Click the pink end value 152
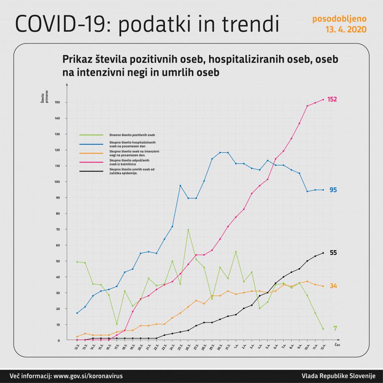tap(332, 100)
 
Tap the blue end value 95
tap(333, 190)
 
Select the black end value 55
tap(333, 253)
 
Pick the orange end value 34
tap(333, 286)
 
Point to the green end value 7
tap(335, 328)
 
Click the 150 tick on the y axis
tap(58, 102)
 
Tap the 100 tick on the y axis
tap(58, 182)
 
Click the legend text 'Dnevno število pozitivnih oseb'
tap(132, 134)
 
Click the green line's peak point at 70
tap(188, 229)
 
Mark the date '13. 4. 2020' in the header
tap(346, 30)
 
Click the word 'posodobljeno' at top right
tap(340, 19)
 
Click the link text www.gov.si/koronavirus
tap(88, 376)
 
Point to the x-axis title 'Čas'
tap(338, 344)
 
